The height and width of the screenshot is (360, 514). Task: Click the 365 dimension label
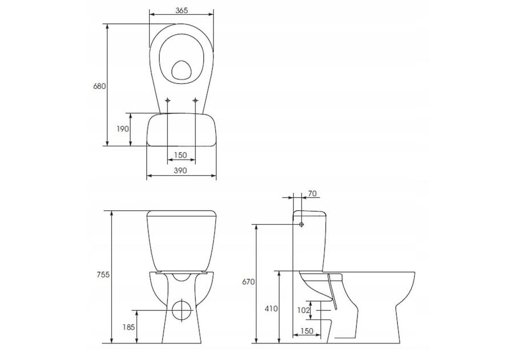pyautogui.click(x=181, y=10)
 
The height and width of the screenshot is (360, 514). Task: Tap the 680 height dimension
pyautogui.click(x=99, y=86)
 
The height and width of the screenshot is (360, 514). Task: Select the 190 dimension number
pyautogui.click(x=123, y=129)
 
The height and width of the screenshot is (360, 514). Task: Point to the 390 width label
pyautogui.click(x=180, y=170)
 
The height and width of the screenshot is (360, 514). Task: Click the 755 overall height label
pyautogui.click(x=103, y=275)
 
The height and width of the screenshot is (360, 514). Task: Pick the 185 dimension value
pyautogui.click(x=129, y=327)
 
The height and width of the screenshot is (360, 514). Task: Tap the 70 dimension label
pyautogui.click(x=312, y=194)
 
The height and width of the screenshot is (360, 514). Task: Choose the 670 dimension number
pyautogui.click(x=248, y=282)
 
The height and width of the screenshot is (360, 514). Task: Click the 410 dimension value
pyautogui.click(x=271, y=309)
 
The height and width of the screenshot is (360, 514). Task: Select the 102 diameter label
pyautogui.click(x=304, y=310)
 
